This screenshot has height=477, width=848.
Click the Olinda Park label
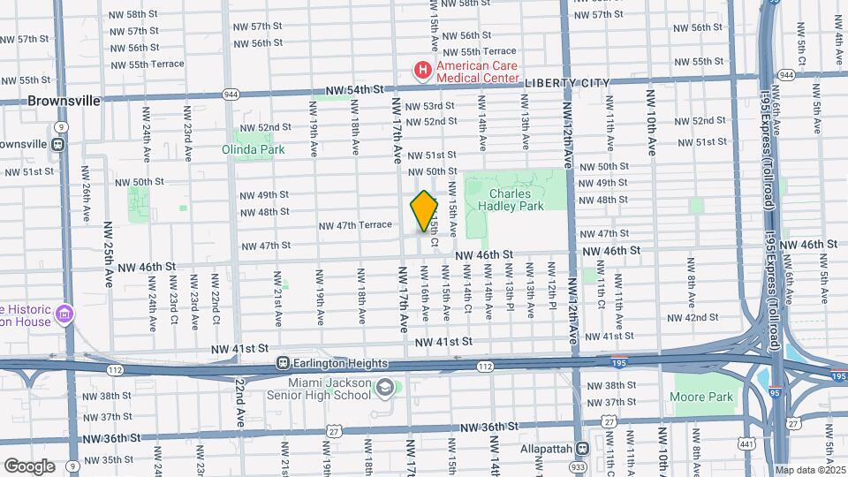pyautogui.click(x=253, y=149)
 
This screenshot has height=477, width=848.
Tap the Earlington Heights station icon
pyautogui.click(x=284, y=363)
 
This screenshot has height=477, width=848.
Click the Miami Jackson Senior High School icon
pyautogui.click(x=385, y=387)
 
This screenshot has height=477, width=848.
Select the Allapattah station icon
pyautogui.click(x=581, y=449)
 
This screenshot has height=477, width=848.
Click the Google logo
pyautogui.click(x=29, y=466)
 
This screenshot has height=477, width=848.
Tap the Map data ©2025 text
pyautogui.click(x=810, y=470)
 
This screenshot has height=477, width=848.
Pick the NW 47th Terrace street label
pyautogui.click(x=356, y=226)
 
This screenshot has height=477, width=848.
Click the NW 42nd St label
pyautogui.click(x=692, y=317)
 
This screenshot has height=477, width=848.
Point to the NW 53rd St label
pyautogui.click(x=430, y=106)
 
